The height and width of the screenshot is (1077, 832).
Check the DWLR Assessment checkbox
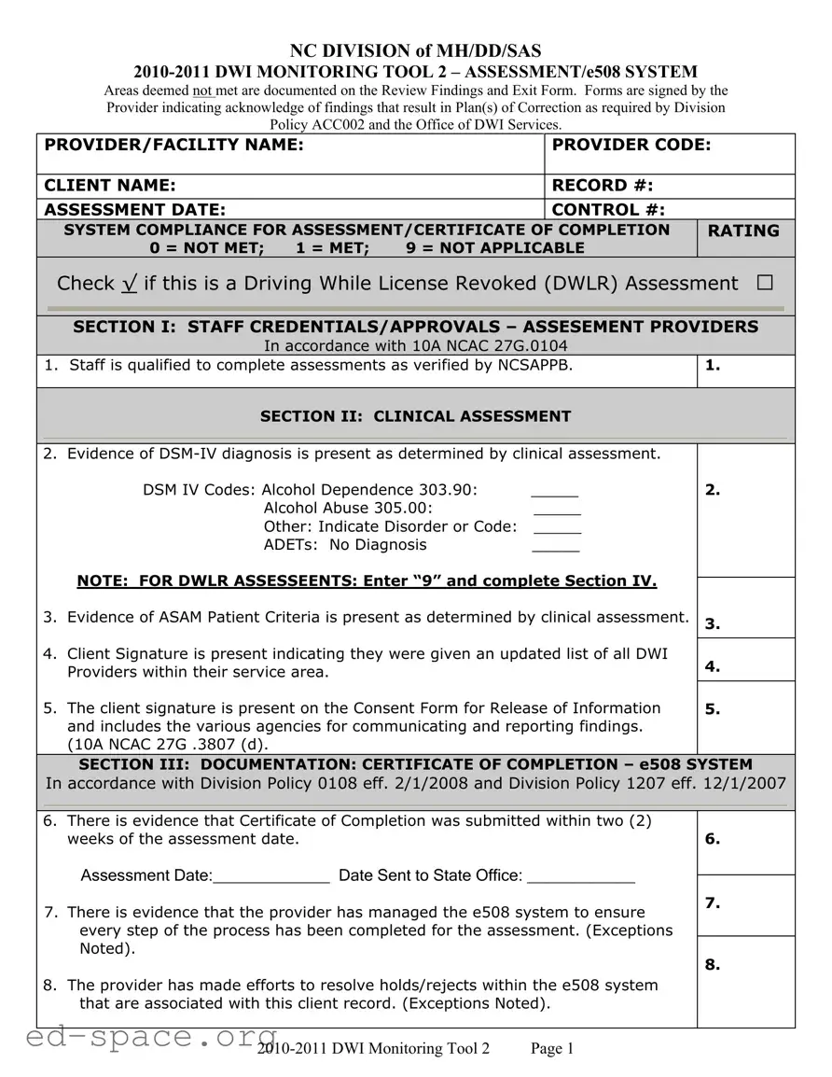click(x=765, y=283)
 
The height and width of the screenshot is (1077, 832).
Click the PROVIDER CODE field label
click(x=631, y=145)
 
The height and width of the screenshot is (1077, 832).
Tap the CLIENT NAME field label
click(x=110, y=186)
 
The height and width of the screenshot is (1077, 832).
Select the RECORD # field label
click(x=603, y=186)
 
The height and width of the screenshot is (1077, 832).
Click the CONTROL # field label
click(x=608, y=210)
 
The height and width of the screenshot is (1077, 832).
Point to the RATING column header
click(x=744, y=231)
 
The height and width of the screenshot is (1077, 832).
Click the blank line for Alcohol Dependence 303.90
click(x=554, y=491)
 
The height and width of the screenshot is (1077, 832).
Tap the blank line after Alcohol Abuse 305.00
click(x=557, y=510)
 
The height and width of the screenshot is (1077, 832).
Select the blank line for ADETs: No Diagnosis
click(x=556, y=546)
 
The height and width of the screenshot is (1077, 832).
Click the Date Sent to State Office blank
click(x=581, y=876)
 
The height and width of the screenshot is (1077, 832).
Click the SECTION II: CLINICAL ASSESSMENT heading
click(x=415, y=416)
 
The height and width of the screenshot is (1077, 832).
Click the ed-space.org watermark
click(x=140, y=1036)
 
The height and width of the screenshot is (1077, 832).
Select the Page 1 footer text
click(x=552, y=1049)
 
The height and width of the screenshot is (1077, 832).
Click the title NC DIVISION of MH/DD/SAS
click(x=415, y=51)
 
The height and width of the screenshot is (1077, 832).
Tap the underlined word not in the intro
click(x=202, y=91)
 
